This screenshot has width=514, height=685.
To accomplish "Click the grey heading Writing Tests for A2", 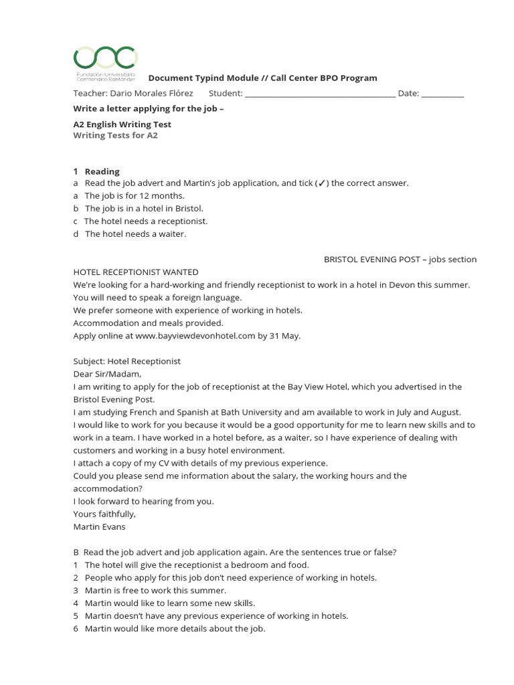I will pos(115,135).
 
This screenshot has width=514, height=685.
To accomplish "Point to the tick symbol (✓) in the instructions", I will pos(323,183).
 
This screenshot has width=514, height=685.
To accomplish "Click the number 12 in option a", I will pos(139,196).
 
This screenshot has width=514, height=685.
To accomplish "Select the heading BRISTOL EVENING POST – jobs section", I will pos(400,259).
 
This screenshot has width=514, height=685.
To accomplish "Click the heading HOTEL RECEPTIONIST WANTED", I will pos(136,272).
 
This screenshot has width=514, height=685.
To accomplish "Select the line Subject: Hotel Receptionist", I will pos(127,361).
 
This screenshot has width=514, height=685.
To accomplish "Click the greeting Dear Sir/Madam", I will pos(107,374).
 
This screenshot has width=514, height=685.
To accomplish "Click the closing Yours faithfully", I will pos(104,514).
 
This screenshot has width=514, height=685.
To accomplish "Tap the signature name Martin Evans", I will pos(99,526).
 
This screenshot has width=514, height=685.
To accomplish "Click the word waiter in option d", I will pos(172,234).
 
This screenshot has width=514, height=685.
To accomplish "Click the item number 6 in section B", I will pos(76,628).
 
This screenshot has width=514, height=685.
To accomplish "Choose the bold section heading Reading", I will pos(102,171).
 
